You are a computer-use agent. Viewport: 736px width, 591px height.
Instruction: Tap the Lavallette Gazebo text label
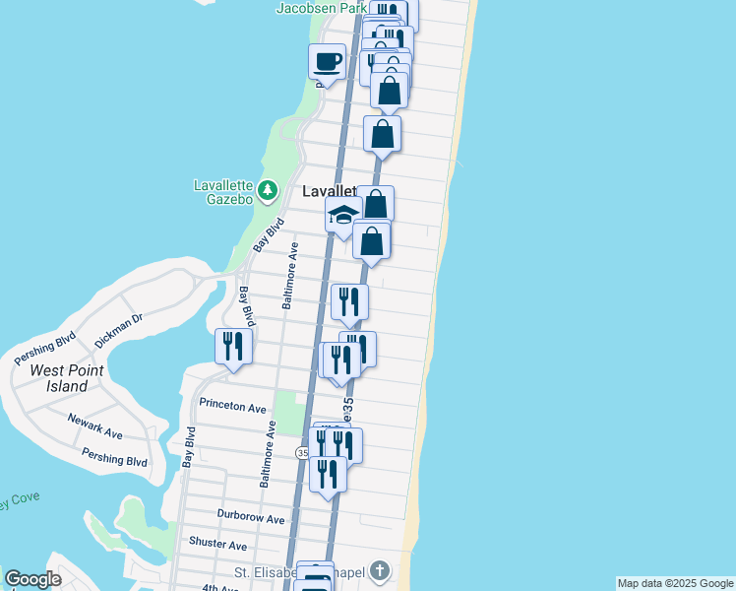[224, 192]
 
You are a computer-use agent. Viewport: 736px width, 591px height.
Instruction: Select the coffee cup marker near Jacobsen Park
[328, 64]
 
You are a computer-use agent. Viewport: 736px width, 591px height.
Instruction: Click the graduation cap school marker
[342, 215]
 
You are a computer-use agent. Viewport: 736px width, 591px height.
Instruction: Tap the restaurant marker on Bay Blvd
[233, 347]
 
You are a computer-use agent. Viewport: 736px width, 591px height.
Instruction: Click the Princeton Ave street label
[232, 406]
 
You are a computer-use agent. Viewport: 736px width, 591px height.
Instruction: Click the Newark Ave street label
[94, 427]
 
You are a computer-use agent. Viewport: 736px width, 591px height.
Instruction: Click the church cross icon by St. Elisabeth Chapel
[380, 571]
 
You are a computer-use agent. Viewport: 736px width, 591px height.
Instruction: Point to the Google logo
[32, 579]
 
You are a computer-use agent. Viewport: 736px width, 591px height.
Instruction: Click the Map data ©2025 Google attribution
[675, 584]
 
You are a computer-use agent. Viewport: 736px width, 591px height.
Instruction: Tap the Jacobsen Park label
[321, 8]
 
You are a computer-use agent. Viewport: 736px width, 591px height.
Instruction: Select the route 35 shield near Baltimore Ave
[303, 452]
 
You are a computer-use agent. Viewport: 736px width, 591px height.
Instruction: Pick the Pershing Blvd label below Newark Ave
[114, 458]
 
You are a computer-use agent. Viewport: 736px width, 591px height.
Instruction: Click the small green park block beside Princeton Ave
[286, 412]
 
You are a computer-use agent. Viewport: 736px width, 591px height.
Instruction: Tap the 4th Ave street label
[220, 587]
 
